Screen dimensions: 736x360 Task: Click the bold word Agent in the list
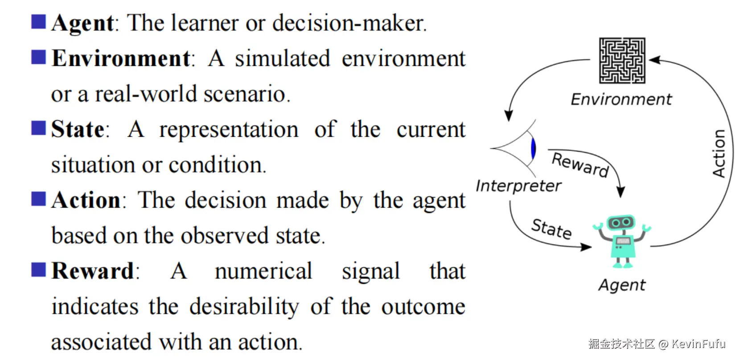[83, 23]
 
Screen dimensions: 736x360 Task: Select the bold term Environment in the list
[121, 58]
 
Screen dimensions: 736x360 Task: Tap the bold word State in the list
[78, 130]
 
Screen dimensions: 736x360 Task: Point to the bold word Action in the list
[86, 200]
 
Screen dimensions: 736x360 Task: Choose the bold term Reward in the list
[93, 271]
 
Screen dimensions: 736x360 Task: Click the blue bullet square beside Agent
[38, 21]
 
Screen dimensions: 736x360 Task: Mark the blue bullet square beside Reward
[38, 270]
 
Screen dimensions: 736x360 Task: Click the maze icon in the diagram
[622, 61]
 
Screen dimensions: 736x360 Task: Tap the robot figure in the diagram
[622, 241]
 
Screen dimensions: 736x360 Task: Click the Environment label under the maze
[621, 99]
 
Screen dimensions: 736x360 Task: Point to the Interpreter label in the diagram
[518, 186]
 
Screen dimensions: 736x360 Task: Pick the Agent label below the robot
[622, 285]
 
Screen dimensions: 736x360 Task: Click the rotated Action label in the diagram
[719, 153]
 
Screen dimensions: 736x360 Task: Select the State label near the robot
[551, 229]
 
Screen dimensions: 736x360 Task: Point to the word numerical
[263, 271]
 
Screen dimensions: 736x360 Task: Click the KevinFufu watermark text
[698, 344]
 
